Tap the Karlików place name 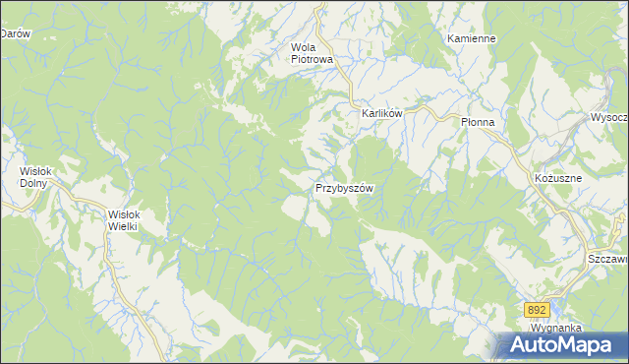(x=382, y=114)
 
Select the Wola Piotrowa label (x=313, y=53)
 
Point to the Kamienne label (x=471, y=38)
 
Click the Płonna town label (x=483, y=121)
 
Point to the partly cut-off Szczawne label (x=608, y=258)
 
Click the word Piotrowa (x=313, y=59)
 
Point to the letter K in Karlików (x=365, y=114)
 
